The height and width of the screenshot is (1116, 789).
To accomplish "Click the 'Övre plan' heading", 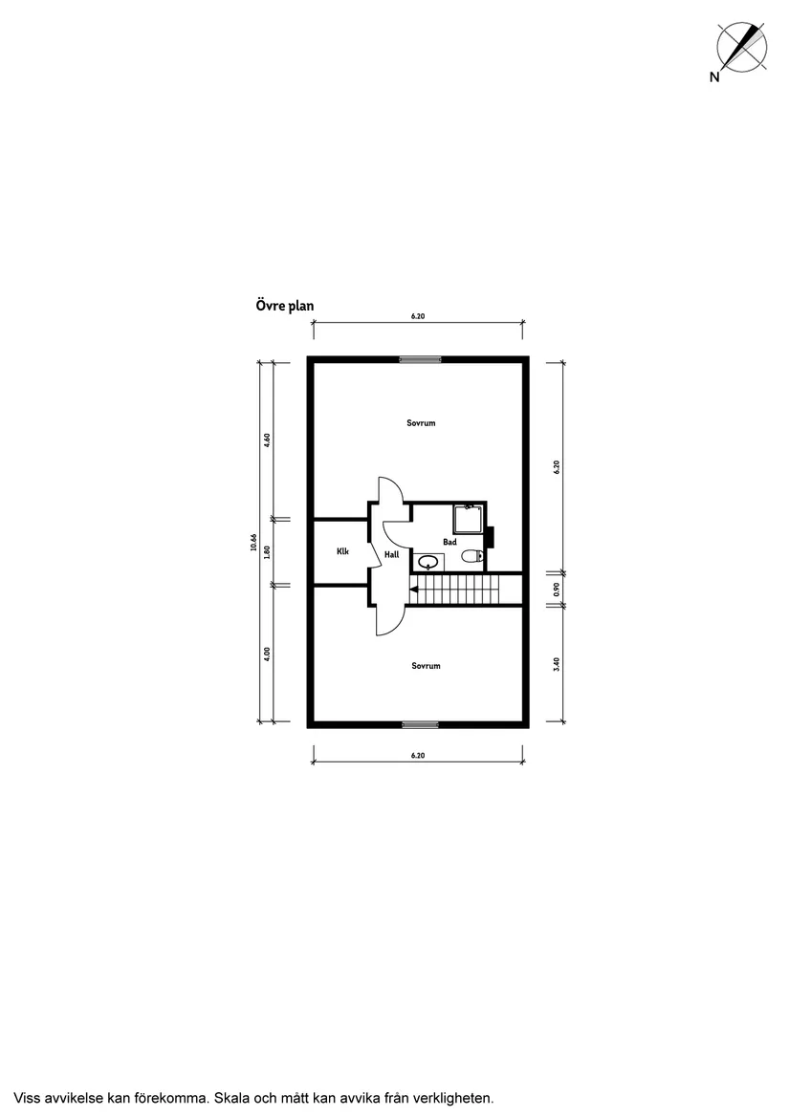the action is coord(285,306).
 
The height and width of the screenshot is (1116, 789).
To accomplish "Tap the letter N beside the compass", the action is coord(714,76).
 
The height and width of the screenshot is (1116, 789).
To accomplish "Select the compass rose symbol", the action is coord(742,46).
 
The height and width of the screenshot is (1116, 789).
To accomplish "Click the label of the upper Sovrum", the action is coord(421,422).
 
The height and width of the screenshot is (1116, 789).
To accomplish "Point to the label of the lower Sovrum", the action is coord(426,666).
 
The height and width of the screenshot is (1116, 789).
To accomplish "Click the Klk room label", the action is coord(342,551).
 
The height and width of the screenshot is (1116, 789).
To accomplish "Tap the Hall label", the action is coord(392,554).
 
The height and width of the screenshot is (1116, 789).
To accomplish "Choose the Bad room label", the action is coord(450,543).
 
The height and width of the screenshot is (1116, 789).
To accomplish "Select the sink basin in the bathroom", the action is coord(427,562).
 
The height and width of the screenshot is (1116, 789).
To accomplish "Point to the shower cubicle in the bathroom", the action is coord(470,519).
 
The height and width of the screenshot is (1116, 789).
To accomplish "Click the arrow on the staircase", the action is coord(414,590).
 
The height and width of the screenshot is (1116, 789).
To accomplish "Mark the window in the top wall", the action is coord(420,359).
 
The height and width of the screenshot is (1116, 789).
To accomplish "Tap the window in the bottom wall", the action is coord(420,724).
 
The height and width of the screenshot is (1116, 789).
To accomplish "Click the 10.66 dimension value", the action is coord(253,543).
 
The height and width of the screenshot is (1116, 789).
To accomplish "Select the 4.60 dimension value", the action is coord(267,440).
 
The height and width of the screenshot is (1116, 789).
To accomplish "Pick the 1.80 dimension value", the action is coord(267,551).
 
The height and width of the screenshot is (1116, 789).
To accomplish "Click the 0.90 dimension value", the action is coord(557,590).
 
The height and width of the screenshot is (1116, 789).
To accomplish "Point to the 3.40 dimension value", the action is coord(557,663).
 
